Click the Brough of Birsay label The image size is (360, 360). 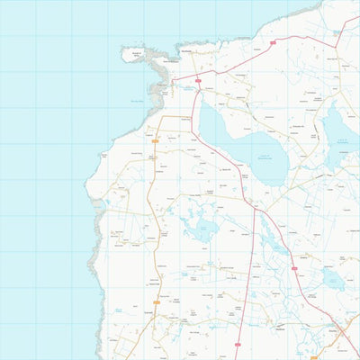tap(138, 55)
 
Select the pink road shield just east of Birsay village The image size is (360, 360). tap(196, 79)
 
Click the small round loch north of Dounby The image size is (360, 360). tap(331, 280)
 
